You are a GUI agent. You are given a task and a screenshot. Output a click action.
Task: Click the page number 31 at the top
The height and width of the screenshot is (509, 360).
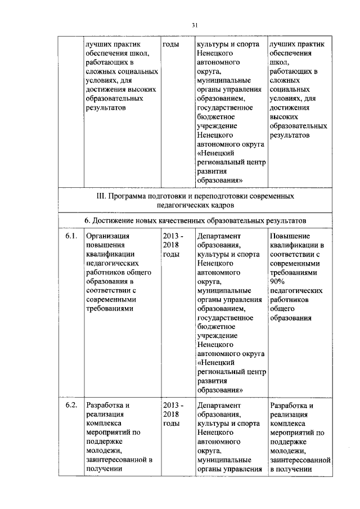195,25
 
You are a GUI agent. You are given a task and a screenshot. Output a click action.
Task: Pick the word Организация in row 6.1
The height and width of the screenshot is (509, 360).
107,236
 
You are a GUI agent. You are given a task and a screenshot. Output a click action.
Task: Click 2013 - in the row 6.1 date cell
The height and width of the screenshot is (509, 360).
172,236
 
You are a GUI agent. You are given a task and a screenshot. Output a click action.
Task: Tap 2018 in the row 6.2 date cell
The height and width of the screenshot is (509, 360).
170,415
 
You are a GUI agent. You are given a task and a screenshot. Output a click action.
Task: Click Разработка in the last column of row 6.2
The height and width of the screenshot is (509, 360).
291,406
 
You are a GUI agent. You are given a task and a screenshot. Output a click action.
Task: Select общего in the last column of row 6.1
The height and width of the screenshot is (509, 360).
282,308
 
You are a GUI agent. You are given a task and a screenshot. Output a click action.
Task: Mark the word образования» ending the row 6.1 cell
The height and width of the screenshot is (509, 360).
220,390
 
